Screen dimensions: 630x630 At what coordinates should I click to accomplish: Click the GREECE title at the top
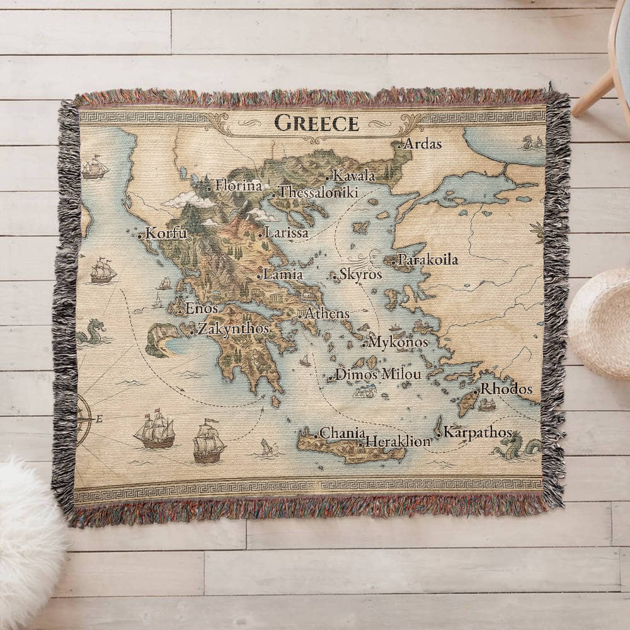(317, 123)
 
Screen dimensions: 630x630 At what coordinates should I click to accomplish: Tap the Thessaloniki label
(318, 192)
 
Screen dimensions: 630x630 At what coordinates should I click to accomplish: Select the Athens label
(327, 313)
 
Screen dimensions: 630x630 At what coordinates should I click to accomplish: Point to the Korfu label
(166, 233)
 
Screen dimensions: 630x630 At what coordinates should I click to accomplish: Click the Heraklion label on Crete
(398, 441)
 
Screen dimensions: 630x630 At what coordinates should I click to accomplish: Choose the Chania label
(342, 433)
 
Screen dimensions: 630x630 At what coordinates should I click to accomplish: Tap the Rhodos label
(507, 389)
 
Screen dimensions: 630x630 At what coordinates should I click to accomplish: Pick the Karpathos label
(478, 432)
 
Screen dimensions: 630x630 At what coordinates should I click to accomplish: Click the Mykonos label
(398, 342)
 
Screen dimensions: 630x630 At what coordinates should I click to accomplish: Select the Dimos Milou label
(378, 374)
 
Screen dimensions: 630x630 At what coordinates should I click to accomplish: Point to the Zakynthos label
(233, 328)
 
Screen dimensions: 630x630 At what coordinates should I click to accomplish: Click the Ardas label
(422, 144)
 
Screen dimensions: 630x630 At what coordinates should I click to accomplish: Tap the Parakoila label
(428, 260)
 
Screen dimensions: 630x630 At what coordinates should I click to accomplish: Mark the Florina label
(238, 185)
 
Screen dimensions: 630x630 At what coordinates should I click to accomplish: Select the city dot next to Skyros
(335, 276)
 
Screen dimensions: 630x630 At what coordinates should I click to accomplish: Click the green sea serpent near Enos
(92, 332)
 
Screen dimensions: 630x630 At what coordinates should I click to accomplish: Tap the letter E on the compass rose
(100, 419)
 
